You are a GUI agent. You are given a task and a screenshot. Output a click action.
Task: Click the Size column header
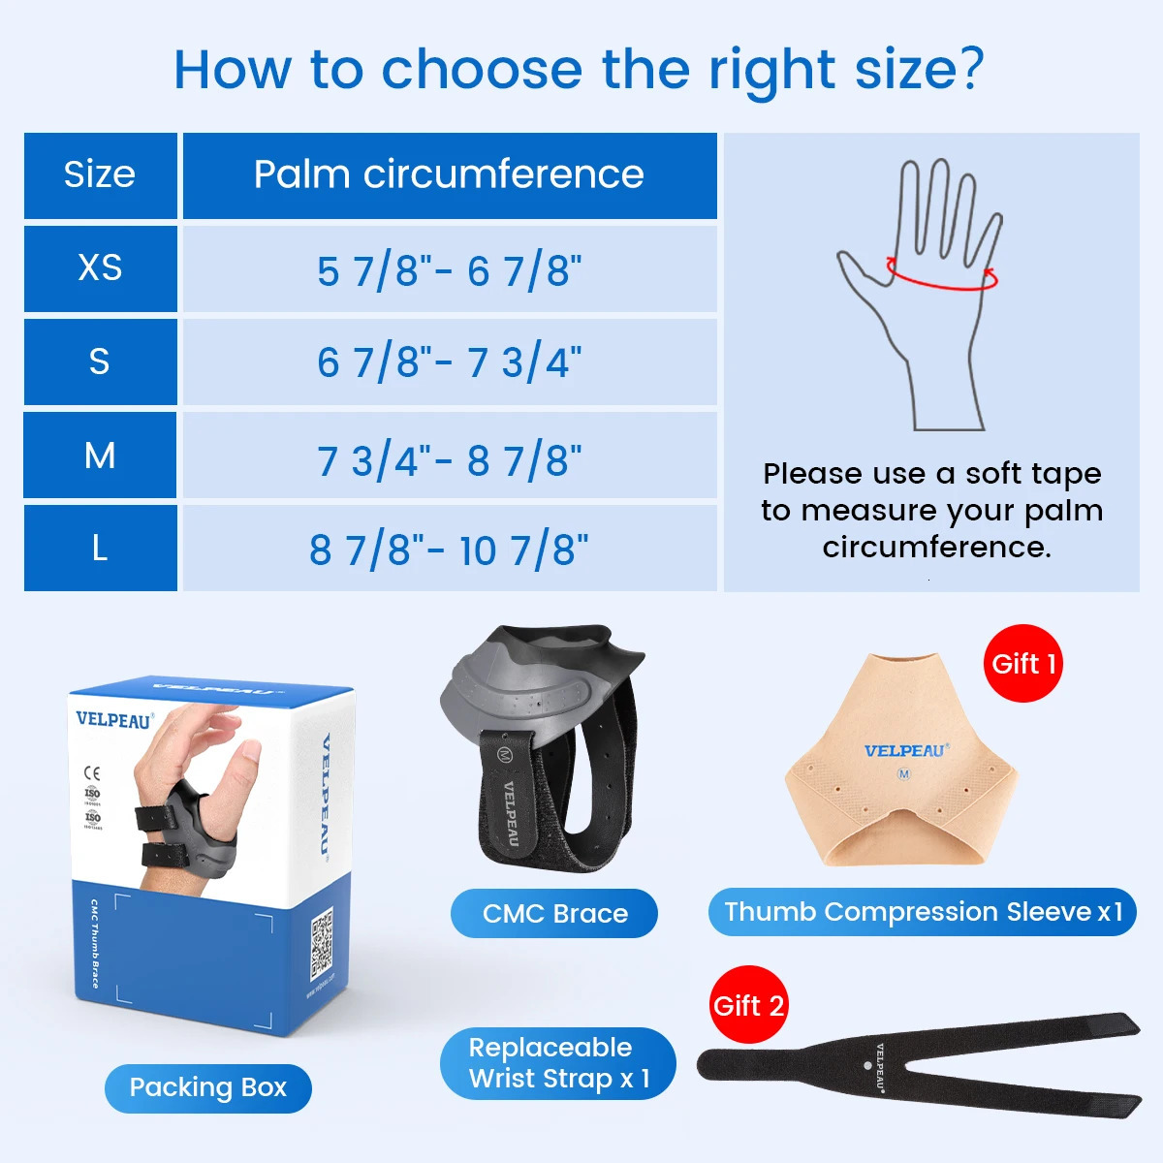coord(100,175)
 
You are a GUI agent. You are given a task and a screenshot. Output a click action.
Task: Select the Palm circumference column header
coord(449,175)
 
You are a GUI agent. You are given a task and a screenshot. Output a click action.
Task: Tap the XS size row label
coord(100,268)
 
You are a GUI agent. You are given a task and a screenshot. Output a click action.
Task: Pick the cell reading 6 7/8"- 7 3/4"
coord(449,362)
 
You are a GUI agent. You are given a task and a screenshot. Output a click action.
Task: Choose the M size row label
coord(100,455)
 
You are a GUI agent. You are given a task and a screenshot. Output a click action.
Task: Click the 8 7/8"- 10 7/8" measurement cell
coord(449,550)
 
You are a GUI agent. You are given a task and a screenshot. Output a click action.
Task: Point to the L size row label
coord(100,549)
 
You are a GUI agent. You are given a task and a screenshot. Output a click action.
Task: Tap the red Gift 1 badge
coord(1023,664)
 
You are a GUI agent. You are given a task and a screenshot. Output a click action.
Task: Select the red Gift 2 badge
coord(748,1005)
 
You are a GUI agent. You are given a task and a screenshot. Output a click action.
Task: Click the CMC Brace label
coord(554,913)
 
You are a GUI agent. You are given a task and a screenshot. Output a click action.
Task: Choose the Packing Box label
coord(207,1087)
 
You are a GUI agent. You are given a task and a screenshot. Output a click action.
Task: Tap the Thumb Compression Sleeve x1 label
coord(922,912)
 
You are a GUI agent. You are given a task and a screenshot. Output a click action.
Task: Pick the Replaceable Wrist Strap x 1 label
coord(558,1063)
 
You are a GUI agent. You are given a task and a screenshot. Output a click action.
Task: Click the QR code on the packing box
coord(321,943)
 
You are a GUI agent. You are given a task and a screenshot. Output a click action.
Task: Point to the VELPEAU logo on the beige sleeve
coord(905,750)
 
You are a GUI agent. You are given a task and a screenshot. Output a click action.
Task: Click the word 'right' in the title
coord(772,70)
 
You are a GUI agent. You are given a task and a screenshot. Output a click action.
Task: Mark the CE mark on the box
coord(92,772)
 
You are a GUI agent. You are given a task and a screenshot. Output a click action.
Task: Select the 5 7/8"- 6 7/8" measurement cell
coord(449,270)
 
